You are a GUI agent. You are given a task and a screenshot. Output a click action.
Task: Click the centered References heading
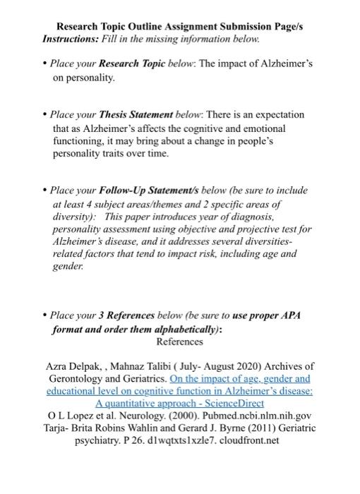coord(179,342)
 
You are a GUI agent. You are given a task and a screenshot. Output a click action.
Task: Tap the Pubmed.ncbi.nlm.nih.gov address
coord(250,416)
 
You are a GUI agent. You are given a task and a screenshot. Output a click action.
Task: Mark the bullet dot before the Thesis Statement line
coord(44,114)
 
